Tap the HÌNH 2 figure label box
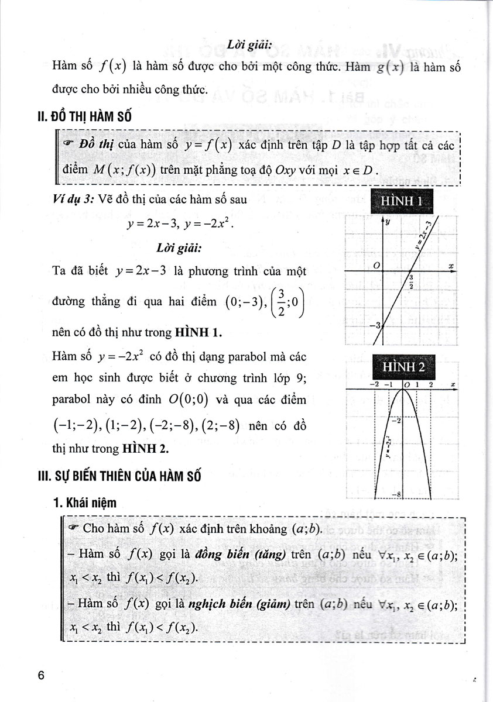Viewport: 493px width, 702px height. click(x=403, y=366)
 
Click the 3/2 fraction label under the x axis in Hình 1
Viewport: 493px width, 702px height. click(x=412, y=282)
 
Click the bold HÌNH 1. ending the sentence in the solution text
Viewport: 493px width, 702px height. click(x=199, y=333)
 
